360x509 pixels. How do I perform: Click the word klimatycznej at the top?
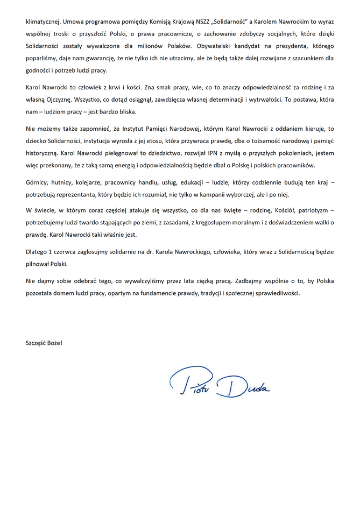[43, 23]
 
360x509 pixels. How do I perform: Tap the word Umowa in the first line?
[74, 23]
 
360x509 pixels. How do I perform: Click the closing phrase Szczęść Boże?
[44, 342]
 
